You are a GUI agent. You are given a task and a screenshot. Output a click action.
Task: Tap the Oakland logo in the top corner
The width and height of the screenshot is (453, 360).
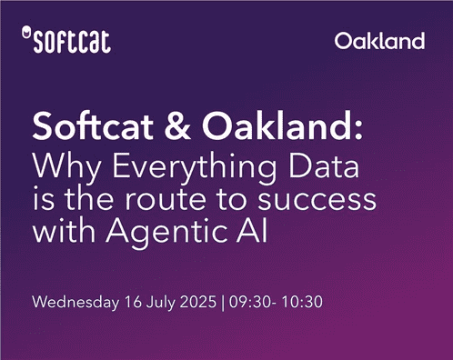pos(379,41)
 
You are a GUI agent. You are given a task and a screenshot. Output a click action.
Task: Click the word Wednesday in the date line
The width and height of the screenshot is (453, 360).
pos(72,301)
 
